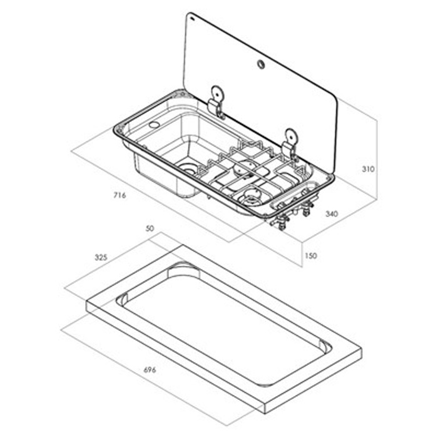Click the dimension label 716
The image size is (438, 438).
coord(120,195)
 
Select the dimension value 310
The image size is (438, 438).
coord(367,169)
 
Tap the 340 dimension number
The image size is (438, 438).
coord(332,214)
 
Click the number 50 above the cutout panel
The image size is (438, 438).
coord(150,229)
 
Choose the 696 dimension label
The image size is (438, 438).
coord(150,370)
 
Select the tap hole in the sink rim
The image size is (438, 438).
coord(153,125)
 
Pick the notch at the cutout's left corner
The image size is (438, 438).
coord(121,298)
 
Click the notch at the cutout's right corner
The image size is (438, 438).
coord(323,346)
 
